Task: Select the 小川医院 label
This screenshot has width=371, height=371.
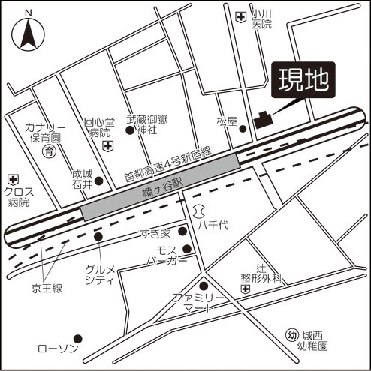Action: (x=261, y=19)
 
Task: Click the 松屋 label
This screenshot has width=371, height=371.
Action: (x=226, y=121)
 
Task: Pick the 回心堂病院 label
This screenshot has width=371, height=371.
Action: (x=99, y=127)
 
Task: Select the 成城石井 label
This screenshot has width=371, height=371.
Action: (x=82, y=179)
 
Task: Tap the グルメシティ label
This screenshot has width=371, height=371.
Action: (x=98, y=275)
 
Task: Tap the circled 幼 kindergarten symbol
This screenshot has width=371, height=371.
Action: (x=292, y=334)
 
